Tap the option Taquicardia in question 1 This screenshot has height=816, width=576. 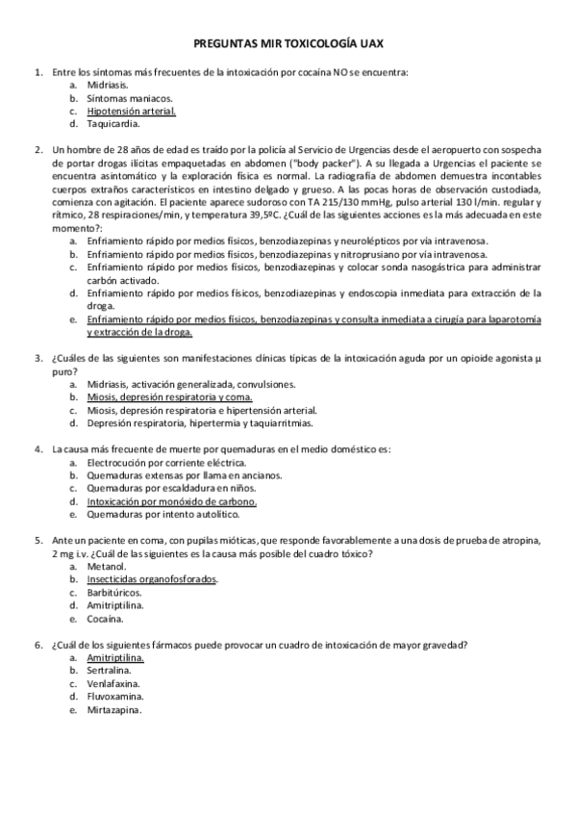click(x=113, y=123)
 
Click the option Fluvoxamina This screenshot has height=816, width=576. click(x=116, y=697)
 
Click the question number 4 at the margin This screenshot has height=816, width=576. click(x=38, y=448)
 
